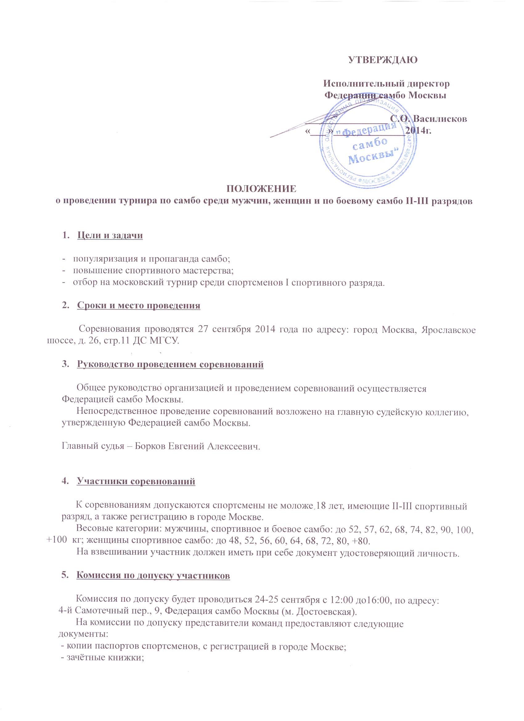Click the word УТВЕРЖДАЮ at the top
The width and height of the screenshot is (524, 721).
(x=383, y=60)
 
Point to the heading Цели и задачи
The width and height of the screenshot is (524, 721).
(x=110, y=236)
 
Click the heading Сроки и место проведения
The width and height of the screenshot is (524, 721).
(x=138, y=306)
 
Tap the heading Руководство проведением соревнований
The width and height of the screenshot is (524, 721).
(x=170, y=365)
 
